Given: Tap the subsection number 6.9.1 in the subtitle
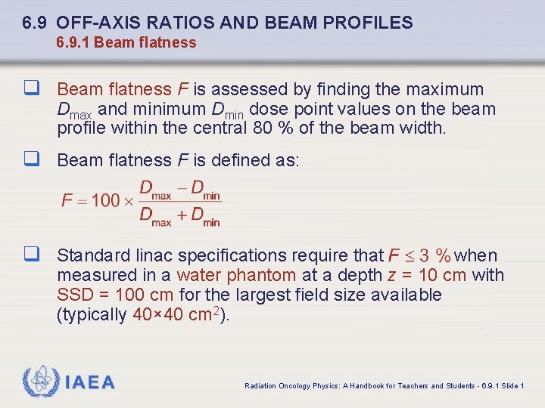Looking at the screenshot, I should (x=73, y=43).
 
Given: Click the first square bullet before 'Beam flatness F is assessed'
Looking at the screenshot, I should (x=31, y=89).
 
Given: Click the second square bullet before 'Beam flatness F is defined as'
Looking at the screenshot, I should (x=31, y=160).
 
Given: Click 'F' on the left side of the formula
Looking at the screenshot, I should (x=67, y=201).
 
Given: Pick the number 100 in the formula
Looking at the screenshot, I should (x=105, y=201).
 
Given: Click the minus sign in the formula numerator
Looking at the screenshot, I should (x=182, y=187).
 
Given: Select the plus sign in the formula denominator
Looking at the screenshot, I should (x=182, y=215).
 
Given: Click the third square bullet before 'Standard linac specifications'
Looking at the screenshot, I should (x=31, y=255).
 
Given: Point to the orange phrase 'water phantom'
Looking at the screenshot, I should (x=235, y=275).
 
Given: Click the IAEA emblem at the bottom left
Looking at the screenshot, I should (x=39, y=382).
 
